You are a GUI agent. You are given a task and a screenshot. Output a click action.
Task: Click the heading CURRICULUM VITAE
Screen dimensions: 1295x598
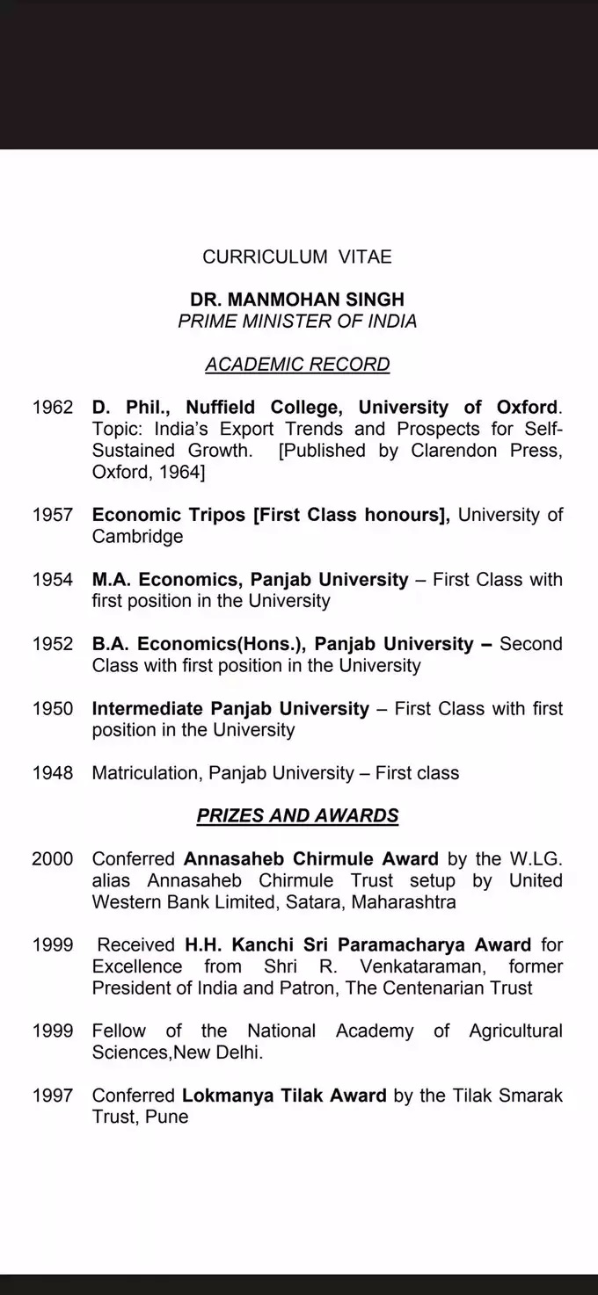coord(297,257)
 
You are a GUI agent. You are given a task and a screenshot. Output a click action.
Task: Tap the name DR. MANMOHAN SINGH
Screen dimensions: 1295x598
coord(297,300)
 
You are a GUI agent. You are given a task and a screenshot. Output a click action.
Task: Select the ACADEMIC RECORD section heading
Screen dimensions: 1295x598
coord(297,364)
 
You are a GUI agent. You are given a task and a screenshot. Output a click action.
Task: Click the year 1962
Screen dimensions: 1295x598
coord(53,408)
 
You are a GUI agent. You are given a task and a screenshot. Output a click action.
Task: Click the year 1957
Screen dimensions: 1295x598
coord(53,515)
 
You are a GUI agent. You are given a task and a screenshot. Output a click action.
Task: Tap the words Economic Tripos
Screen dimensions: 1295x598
coord(169,515)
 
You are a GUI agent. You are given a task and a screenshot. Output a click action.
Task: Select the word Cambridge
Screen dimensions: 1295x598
coord(138,536)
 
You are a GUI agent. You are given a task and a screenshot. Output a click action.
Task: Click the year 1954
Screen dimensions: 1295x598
coord(53,580)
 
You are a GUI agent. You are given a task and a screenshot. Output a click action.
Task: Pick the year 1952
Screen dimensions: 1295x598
coord(53,644)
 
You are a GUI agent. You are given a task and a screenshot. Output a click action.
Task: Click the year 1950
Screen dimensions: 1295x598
coord(53,708)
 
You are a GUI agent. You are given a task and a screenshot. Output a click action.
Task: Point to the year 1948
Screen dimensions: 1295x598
coord(53,773)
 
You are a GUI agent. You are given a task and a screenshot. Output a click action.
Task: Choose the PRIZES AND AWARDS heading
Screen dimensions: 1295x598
coord(297,815)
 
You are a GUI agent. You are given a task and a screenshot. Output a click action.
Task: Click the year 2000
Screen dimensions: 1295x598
coord(53,858)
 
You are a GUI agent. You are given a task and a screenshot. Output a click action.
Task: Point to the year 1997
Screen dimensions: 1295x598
coord(53,1096)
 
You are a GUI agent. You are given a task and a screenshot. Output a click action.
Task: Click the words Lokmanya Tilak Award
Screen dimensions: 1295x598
coord(284,1096)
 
